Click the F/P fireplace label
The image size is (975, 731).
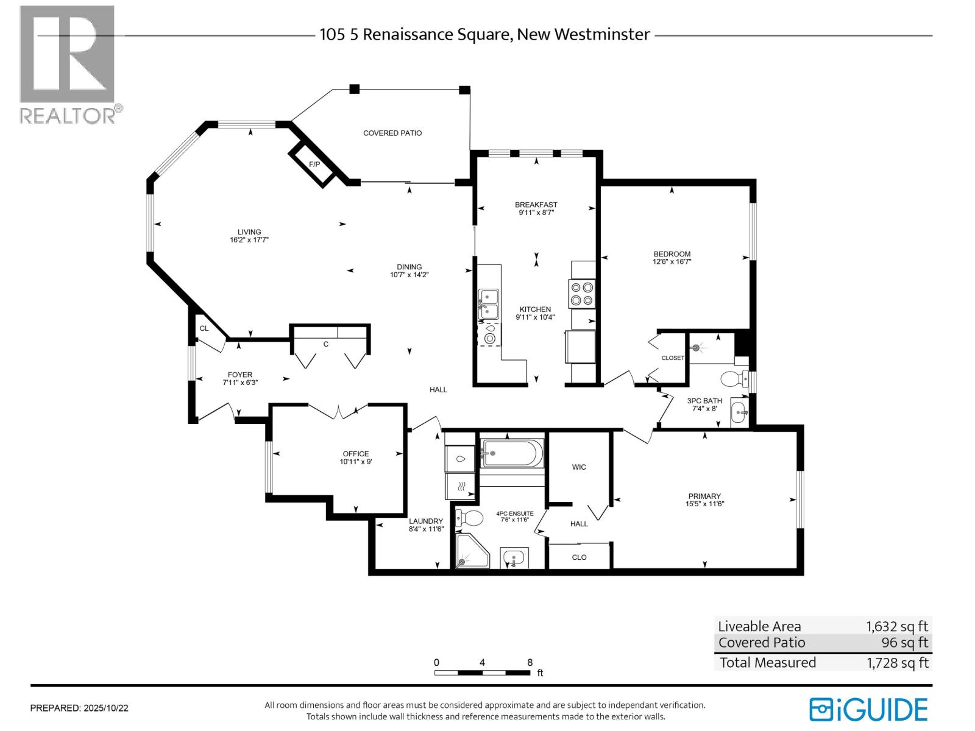click(x=314, y=164)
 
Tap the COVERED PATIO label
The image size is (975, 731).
click(x=392, y=133)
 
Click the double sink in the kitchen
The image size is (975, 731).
click(x=488, y=304)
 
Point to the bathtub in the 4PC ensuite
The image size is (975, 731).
click(x=512, y=453)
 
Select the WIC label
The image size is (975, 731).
click(x=579, y=467)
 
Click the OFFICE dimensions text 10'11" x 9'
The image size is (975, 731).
click(x=356, y=462)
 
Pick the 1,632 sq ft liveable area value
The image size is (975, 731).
click(x=897, y=626)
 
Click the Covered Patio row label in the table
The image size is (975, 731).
click(x=762, y=643)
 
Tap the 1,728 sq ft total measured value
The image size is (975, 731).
click(x=897, y=663)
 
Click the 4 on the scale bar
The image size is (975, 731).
click(x=482, y=662)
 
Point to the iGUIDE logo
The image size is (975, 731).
click(x=868, y=710)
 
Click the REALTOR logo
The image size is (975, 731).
click(x=68, y=64)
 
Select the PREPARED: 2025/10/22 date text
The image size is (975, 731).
click(x=79, y=708)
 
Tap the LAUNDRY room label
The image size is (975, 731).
click(x=426, y=521)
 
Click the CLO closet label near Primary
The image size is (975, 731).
click(x=579, y=557)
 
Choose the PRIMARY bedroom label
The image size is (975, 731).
click(x=704, y=496)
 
